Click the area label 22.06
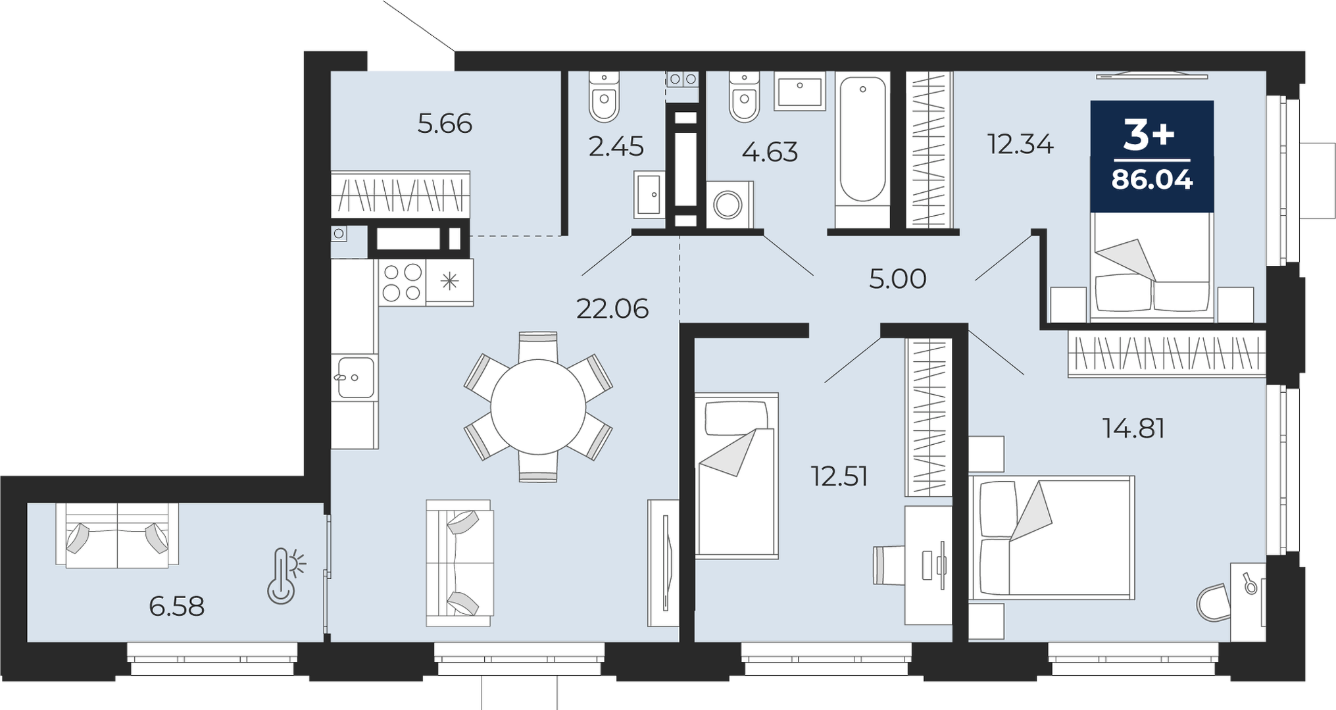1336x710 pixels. pos(612,309)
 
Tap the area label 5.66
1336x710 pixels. pos(445,124)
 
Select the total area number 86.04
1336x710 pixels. pos(1152,179)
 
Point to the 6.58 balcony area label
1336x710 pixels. pos(176,606)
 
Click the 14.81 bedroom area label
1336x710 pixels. pos(1133,429)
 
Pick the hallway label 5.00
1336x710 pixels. pos(897,279)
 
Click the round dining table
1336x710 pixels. pos(538,407)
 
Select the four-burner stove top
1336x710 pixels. pos(402,282)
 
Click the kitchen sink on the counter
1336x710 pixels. pos(355,378)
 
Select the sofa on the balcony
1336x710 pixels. pos(117,536)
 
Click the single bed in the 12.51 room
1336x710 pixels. pos(737,476)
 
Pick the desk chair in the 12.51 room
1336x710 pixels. pos(889,565)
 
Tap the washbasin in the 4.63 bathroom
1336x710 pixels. pos(799,91)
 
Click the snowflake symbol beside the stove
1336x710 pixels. pos(450,282)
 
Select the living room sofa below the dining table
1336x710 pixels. pos(459,563)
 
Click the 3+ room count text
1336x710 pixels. pos(1149,136)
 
